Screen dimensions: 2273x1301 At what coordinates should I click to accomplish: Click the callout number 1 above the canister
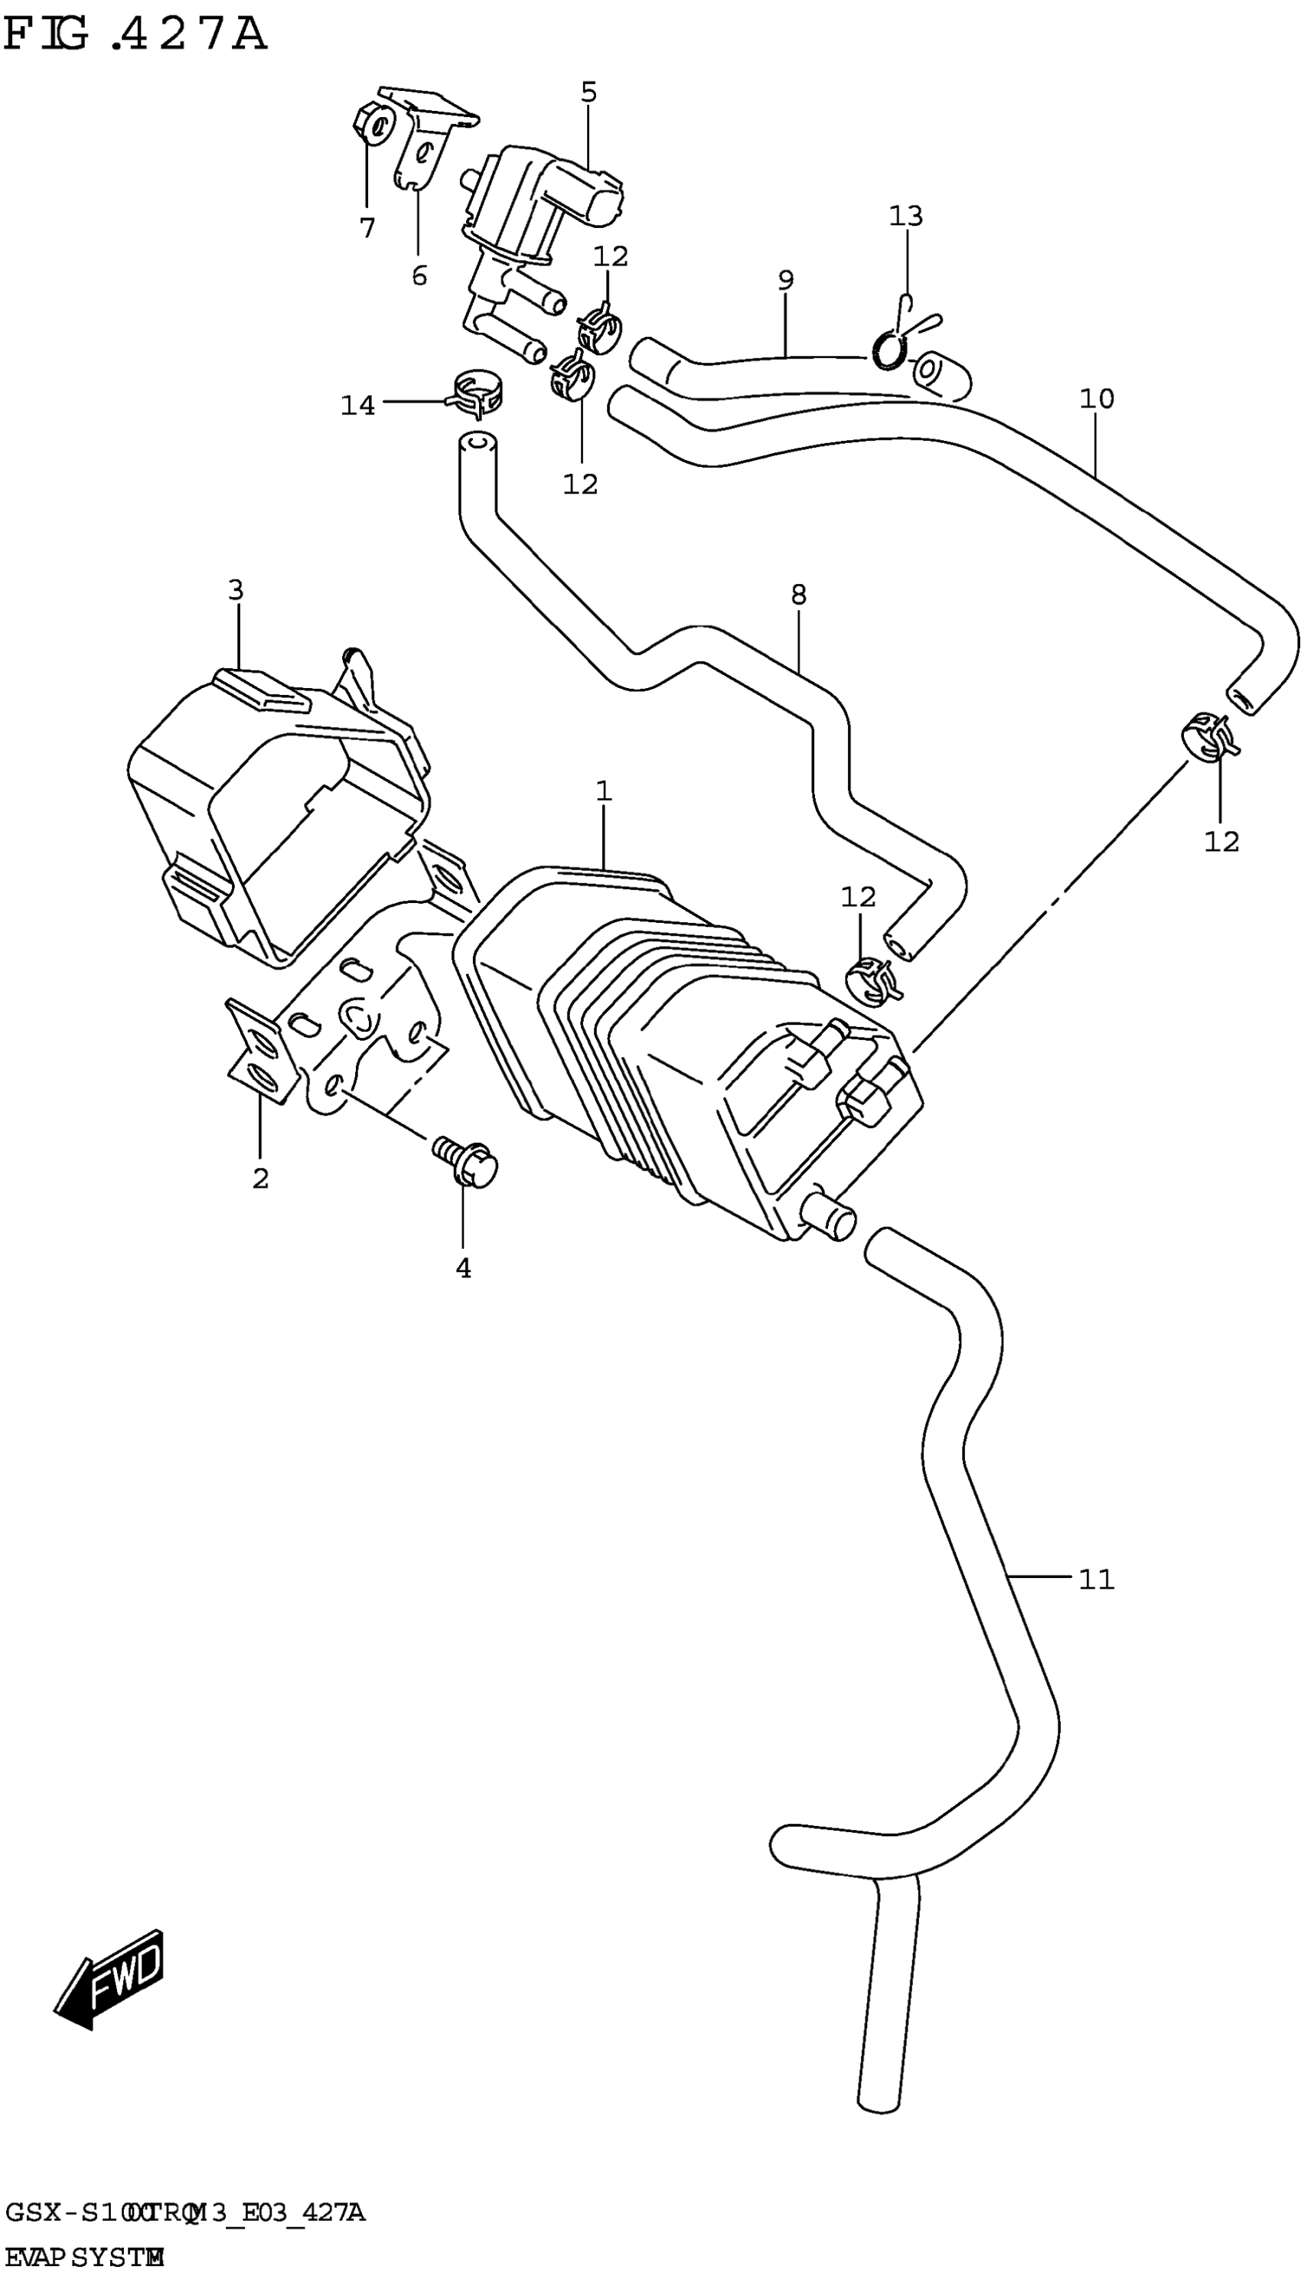pyautogui.click(x=603, y=791)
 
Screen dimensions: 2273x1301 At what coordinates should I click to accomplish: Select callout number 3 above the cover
pyautogui.click(x=235, y=590)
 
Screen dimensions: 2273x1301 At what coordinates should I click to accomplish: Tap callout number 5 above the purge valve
pyautogui.click(x=588, y=92)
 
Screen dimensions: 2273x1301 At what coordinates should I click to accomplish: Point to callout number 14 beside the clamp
pyautogui.click(x=357, y=406)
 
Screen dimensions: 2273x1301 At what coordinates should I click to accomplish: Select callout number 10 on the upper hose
pyautogui.click(x=1097, y=399)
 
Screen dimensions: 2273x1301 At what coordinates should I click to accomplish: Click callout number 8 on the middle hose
pyautogui.click(x=798, y=594)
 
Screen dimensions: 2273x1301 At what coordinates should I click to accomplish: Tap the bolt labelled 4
pyautogui.click(x=465, y=1163)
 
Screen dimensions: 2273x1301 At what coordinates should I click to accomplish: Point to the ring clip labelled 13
pyautogui.click(x=890, y=348)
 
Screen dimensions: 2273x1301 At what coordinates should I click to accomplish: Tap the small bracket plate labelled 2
pyautogui.click(x=261, y=1052)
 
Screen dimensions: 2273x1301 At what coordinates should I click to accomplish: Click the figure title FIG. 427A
pyautogui.click(x=134, y=36)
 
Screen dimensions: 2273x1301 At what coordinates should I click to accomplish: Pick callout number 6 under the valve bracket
pyautogui.click(x=419, y=276)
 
